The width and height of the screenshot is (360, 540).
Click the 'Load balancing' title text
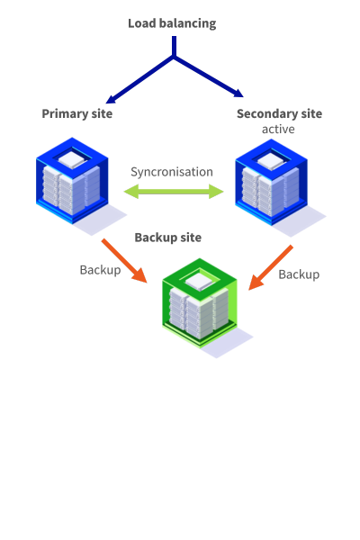(172, 23)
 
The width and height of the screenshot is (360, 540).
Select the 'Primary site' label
(76, 113)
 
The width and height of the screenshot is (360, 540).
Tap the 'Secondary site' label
(279, 113)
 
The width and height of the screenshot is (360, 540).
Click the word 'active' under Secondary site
(278, 129)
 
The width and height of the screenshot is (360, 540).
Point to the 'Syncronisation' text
(172, 171)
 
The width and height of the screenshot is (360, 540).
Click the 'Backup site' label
(167, 238)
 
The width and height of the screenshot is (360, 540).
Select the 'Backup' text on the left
(100, 269)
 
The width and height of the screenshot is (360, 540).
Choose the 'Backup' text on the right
(299, 274)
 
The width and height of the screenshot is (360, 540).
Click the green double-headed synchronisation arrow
(173, 191)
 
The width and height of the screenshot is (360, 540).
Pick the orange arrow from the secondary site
(271, 266)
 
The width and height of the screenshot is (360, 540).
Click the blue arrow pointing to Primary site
(135, 82)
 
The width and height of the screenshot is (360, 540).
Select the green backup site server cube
(199, 306)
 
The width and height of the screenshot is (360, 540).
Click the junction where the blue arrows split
(174, 58)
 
